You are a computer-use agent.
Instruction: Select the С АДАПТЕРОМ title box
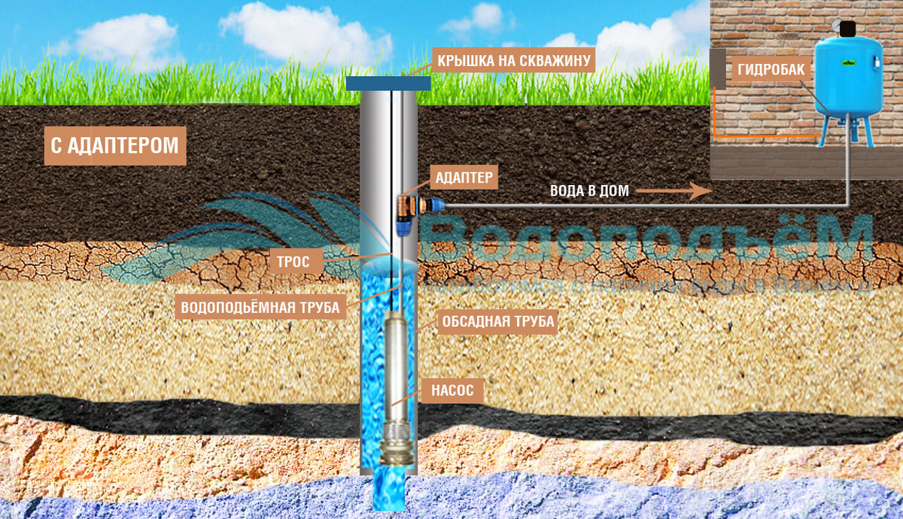tap(115, 146)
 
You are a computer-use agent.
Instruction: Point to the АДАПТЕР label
tap(464, 178)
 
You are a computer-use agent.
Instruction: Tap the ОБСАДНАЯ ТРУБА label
tap(497, 322)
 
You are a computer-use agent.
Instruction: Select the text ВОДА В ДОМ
tap(588, 191)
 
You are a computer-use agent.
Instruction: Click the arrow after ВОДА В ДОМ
tap(674, 191)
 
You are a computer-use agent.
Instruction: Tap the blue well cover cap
tap(388, 83)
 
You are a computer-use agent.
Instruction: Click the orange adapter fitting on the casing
tap(409, 204)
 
